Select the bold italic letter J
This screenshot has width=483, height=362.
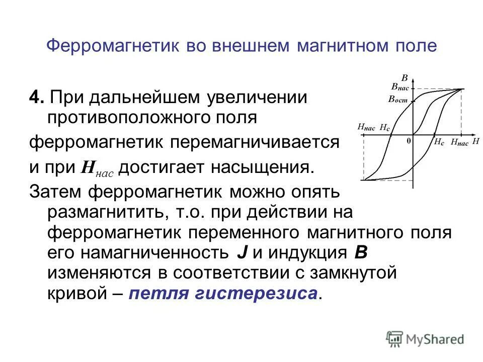point(242,252)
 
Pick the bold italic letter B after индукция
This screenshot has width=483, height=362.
point(361,252)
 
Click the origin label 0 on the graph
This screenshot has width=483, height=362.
point(409,142)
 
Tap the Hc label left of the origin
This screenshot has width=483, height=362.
point(385,128)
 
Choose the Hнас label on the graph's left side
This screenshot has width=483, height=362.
point(366,128)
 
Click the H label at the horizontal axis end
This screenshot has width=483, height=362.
point(475,142)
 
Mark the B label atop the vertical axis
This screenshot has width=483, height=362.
point(405,78)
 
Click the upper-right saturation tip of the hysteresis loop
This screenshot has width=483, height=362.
point(462,89)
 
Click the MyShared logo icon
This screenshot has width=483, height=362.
point(395,339)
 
